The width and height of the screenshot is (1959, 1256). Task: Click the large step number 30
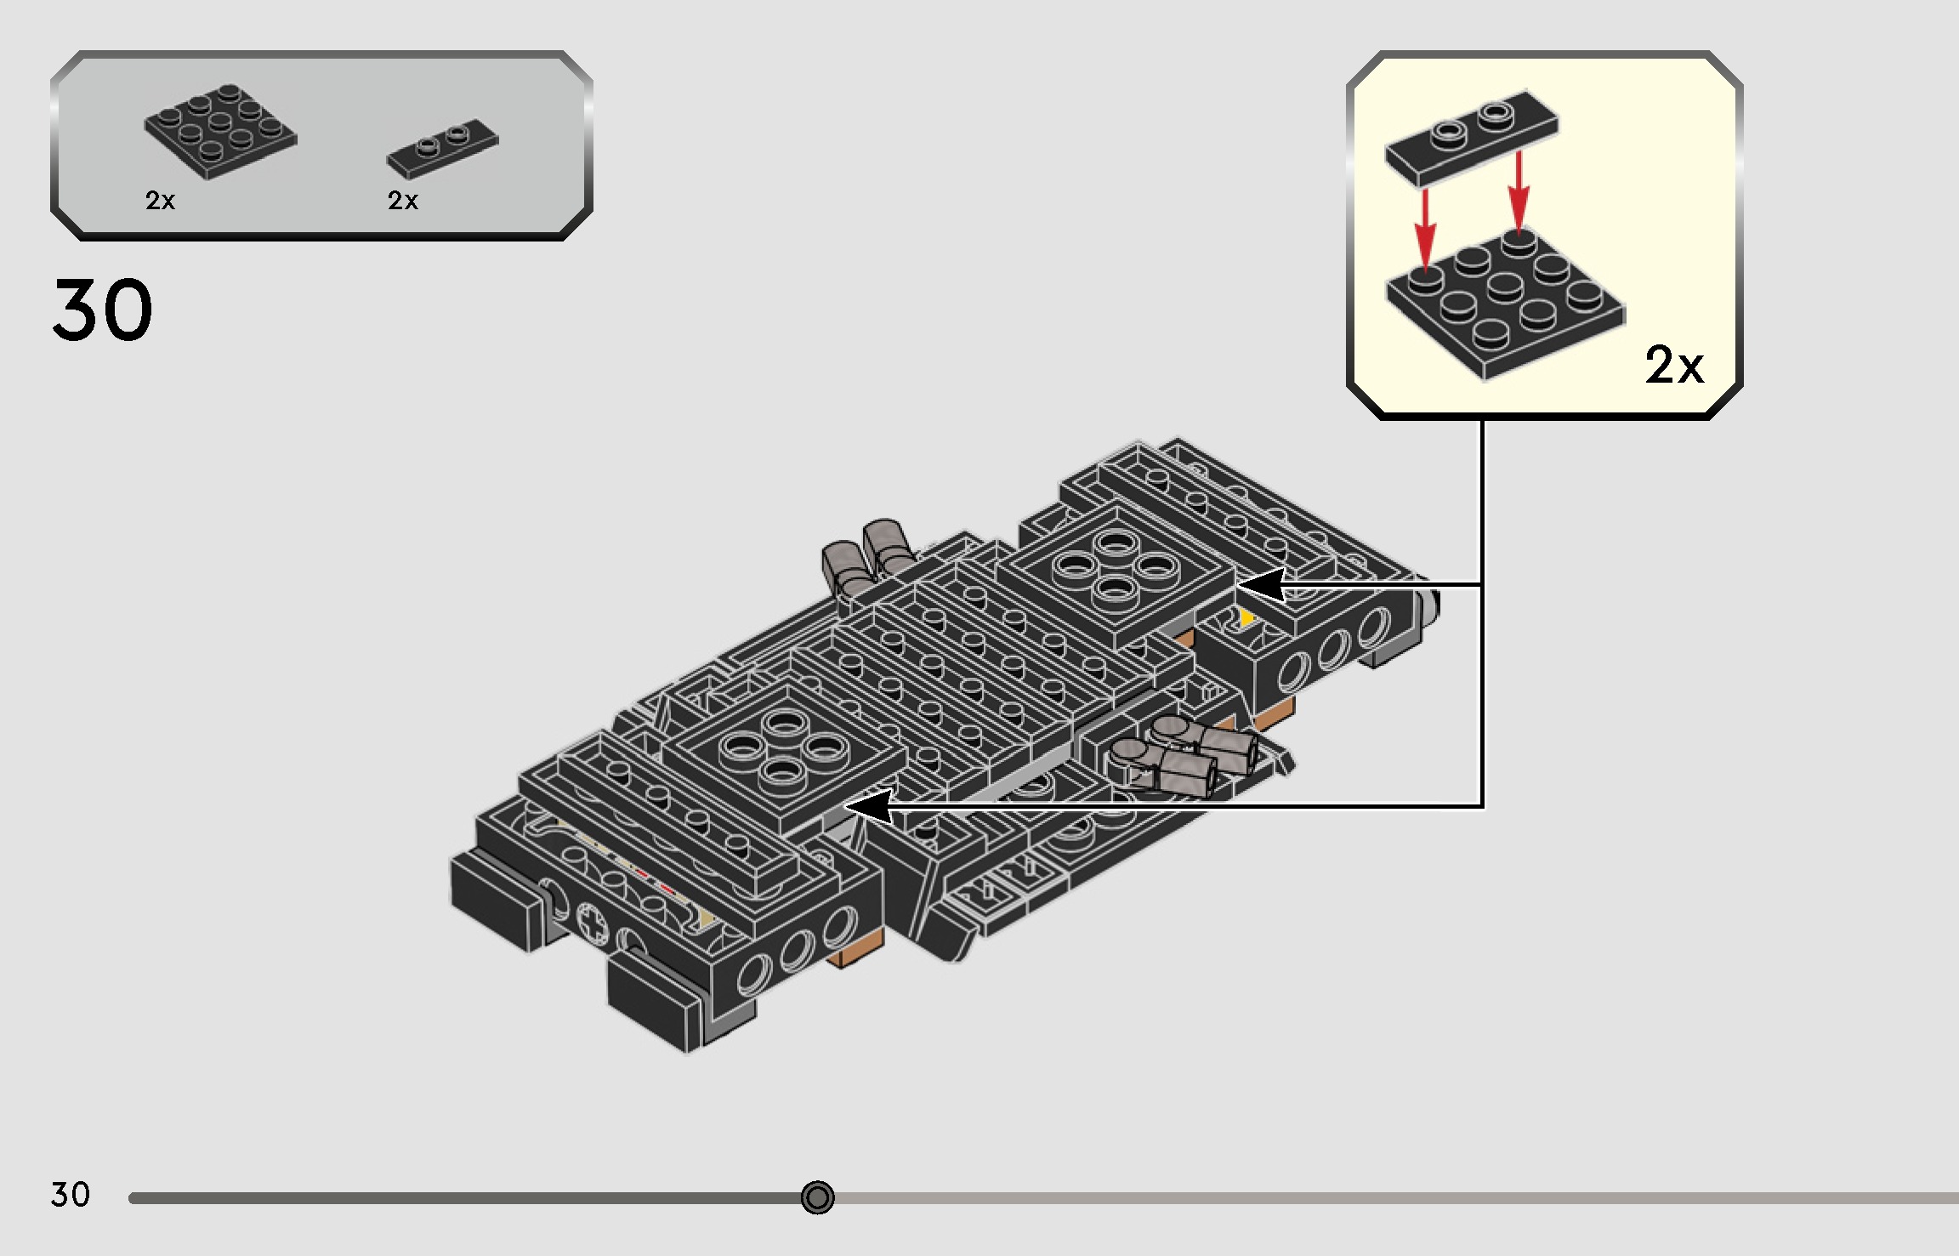[102, 310]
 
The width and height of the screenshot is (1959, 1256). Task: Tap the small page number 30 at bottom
[70, 1195]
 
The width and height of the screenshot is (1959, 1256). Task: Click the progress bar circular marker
[817, 1197]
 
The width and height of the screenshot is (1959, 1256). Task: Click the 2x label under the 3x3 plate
[160, 201]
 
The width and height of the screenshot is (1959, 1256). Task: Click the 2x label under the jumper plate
[402, 201]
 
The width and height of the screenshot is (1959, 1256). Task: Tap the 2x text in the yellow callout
[1673, 366]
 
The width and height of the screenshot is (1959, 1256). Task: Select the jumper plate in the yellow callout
[1471, 136]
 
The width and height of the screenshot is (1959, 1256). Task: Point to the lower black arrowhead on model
[867, 805]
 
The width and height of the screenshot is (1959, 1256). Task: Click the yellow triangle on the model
[1246, 617]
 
